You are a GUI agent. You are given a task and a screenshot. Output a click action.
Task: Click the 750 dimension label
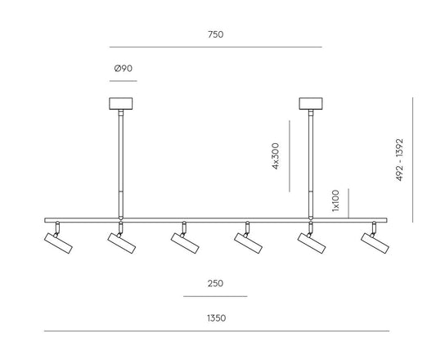[x=215, y=34]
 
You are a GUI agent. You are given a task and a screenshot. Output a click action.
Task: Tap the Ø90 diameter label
[x=124, y=69]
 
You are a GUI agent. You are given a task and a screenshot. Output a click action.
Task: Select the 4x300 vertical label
[x=276, y=155]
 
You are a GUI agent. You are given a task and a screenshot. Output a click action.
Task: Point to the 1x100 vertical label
[x=335, y=200]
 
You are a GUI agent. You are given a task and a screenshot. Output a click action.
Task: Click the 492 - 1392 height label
[x=399, y=160]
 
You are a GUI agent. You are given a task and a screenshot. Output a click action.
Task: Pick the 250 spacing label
[x=215, y=283]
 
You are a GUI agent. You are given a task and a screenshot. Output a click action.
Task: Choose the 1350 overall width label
[x=216, y=318]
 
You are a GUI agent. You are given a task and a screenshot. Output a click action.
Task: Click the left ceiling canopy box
[x=121, y=103]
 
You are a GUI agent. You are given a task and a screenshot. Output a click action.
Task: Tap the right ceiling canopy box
[x=311, y=103]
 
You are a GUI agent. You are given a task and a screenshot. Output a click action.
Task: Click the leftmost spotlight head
[x=58, y=243]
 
